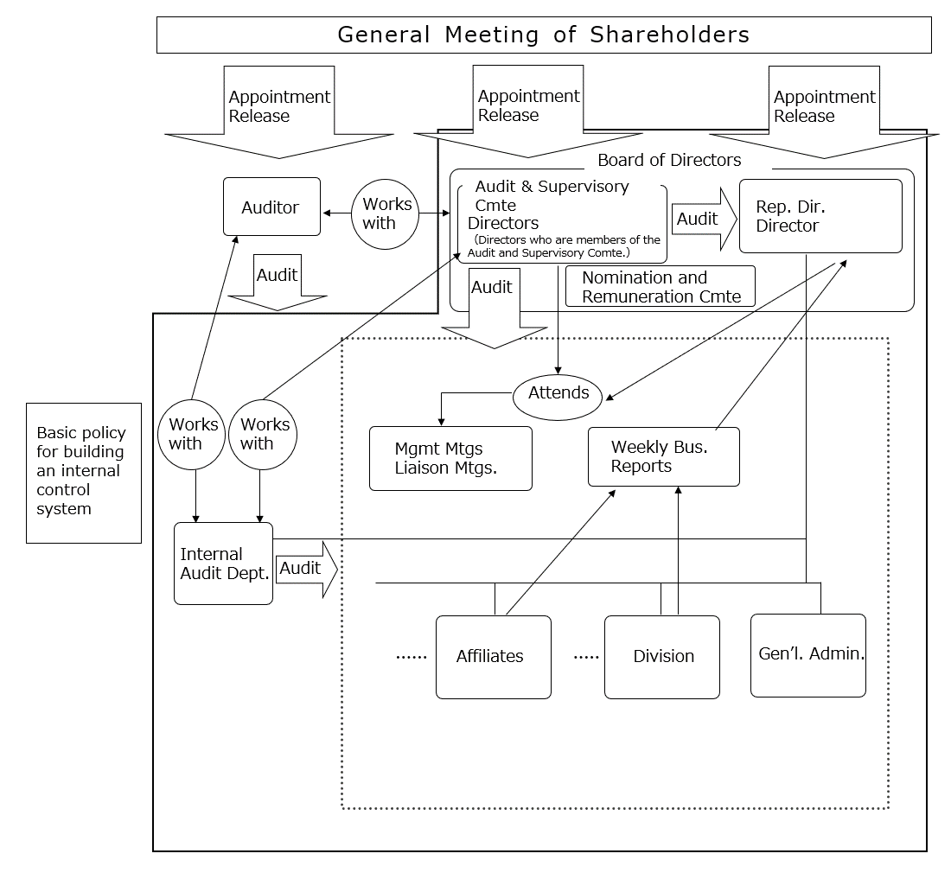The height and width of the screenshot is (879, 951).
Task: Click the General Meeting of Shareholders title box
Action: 543,35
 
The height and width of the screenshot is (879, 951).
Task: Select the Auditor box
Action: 271,207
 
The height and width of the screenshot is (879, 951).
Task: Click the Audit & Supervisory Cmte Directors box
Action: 561,222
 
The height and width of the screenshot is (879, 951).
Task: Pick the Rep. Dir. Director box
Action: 820,216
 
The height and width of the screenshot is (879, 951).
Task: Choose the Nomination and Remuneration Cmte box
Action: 660,287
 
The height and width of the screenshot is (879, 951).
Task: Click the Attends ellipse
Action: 558,394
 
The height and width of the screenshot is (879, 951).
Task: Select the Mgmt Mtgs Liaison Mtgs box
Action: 450,458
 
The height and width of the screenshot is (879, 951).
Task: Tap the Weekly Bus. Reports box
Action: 663,456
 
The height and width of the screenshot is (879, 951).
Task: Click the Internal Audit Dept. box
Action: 223,564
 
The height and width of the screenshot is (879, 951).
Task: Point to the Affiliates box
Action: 493,657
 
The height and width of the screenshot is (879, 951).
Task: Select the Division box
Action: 661,657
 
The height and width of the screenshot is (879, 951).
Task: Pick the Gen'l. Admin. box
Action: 807,655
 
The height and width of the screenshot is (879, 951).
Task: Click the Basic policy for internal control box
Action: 83,472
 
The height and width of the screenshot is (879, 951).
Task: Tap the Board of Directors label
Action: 669,160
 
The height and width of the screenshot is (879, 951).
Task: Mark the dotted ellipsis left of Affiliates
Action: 412,658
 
